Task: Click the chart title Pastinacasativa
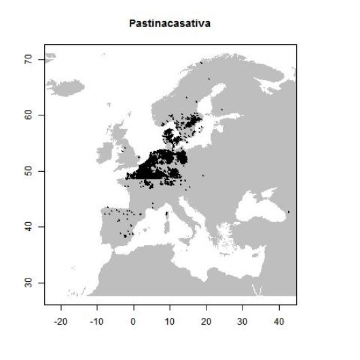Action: click(x=170, y=24)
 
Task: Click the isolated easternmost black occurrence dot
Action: click(x=289, y=212)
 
